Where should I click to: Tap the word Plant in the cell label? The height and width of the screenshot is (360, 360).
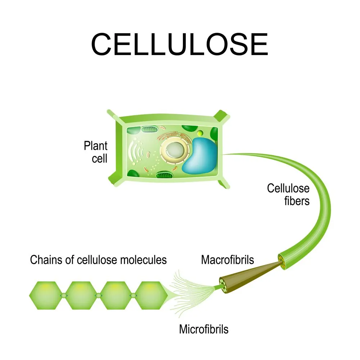click(95, 146)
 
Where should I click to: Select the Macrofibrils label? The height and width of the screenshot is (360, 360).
click(228, 260)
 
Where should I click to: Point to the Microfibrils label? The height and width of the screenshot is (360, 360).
click(204, 329)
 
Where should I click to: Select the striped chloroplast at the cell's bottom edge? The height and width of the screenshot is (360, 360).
click(164, 175)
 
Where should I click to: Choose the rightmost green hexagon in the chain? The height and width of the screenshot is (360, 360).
click(151, 295)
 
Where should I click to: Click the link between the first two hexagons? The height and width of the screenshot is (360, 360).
click(63, 295)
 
